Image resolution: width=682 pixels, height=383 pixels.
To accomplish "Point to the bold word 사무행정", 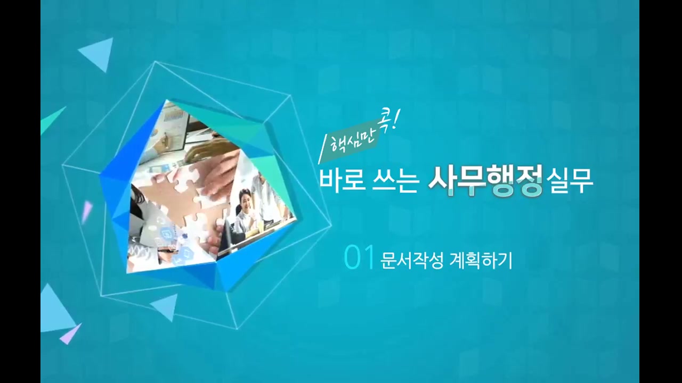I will [485, 181].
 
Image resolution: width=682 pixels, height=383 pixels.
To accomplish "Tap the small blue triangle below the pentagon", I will [166, 306].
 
